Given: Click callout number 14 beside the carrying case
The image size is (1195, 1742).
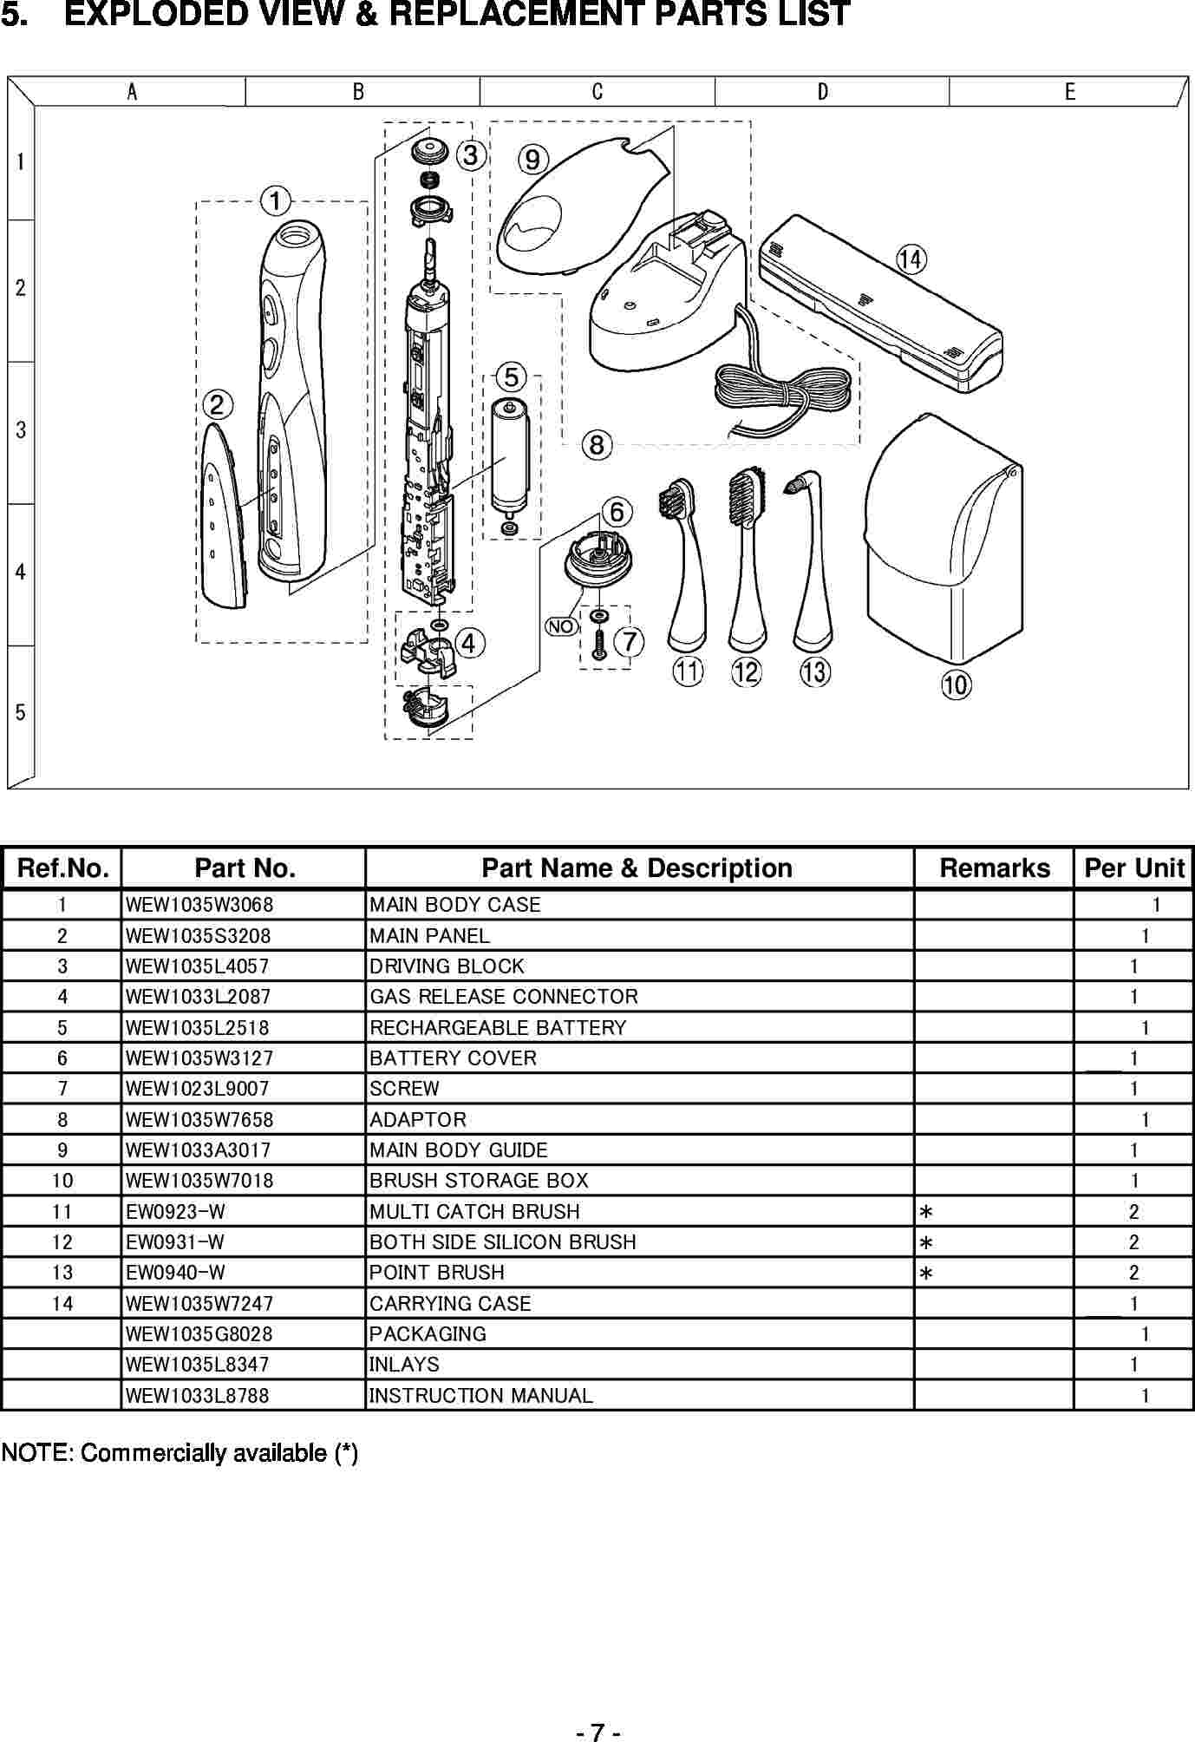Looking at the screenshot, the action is pyautogui.click(x=911, y=259).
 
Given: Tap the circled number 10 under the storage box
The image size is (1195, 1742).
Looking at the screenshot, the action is pyautogui.click(x=956, y=684).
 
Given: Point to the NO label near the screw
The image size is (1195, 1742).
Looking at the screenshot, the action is pyautogui.click(x=561, y=626).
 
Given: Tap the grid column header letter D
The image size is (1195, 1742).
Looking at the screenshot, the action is pyautogui.click(x=822, y=92).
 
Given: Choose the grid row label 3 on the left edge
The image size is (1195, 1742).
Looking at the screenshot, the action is pyautogui.click(x=21, y=430).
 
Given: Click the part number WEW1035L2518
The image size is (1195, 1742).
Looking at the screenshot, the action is pyautogui.click(x=198, y=1028).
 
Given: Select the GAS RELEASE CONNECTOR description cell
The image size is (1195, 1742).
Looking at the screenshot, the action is pyautogui.click(x=504, y=997).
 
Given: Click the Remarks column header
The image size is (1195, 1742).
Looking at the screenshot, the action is pyautogui.click(x=995, y=868).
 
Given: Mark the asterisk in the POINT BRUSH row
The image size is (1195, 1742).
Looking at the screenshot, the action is pyautogui.click(x=926, y=1274).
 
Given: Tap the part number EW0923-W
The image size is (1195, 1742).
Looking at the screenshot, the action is pyautogui.click(x=175, y=1212).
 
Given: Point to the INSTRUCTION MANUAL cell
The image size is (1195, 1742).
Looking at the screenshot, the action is pyautogui.click(x=481, y=1396).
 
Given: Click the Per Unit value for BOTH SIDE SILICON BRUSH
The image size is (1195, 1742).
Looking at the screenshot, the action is pyautogui.click(x=1133, y=1242).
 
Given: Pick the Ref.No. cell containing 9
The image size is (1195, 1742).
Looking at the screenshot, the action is pyautogui.click(x=62, y=1150).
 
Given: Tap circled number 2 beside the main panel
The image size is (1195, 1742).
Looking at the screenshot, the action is pyautogui.click(x=217, y=404).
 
